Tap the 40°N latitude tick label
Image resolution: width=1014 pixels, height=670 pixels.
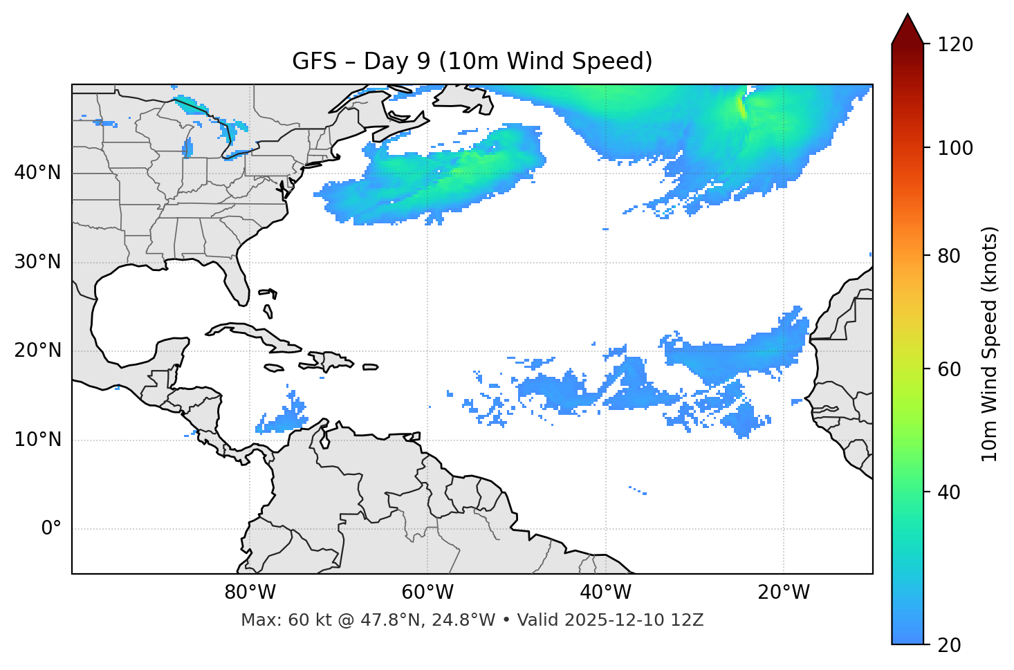click(x=37, y=173)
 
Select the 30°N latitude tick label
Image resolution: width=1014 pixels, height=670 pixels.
click(x=37, y=262)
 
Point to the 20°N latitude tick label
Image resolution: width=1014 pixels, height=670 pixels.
click(x=37, y=351)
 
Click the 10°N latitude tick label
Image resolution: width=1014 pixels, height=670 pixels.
click(x=37, y=440)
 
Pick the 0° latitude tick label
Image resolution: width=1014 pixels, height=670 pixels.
click(x=50, y=529)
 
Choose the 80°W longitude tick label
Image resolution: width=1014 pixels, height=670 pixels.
click(x=250, y=593)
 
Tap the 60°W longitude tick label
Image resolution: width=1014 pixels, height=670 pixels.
click(x=427, y=593)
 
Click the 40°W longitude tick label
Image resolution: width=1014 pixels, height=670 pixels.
click(x=605, y=593)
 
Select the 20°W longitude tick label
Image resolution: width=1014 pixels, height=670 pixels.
click(x=783, y=593)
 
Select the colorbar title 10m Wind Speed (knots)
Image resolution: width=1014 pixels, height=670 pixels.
click(x=990, y=344)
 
